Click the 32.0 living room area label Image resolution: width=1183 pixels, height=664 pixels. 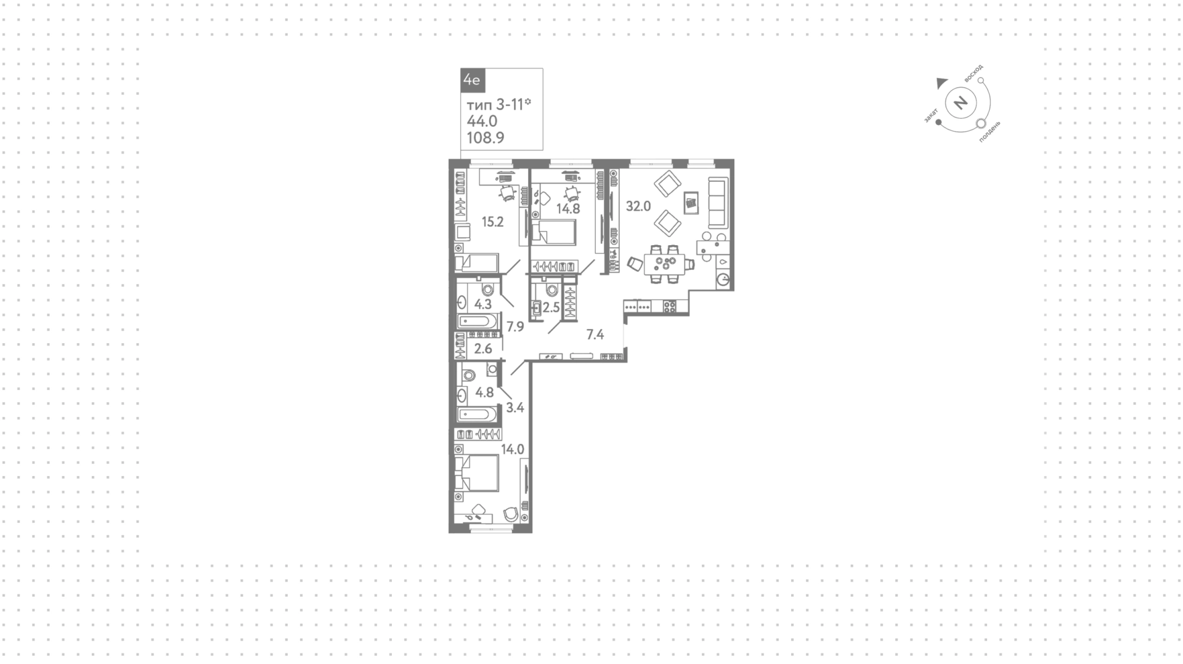(638, 206)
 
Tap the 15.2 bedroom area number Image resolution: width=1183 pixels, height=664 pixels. (493, 222)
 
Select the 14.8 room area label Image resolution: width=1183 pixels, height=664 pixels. (568, 209)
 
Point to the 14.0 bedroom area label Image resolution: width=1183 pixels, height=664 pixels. (513, 450)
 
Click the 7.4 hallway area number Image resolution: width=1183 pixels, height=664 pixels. (595, 335)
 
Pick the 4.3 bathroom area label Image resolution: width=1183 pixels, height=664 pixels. (483, 304)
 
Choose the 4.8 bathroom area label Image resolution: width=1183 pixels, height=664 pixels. (485, 392)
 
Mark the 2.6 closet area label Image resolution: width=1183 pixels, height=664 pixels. (484, 349)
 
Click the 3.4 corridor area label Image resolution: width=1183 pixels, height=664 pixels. (515, 407)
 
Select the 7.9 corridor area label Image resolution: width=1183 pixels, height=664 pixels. (515, 326)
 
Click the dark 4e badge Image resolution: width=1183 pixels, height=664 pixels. (473, 80)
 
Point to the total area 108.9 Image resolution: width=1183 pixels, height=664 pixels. (486, 138)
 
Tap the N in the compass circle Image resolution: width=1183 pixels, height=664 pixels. (961, 102)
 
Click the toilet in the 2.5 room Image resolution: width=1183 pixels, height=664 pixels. (551, 289)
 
